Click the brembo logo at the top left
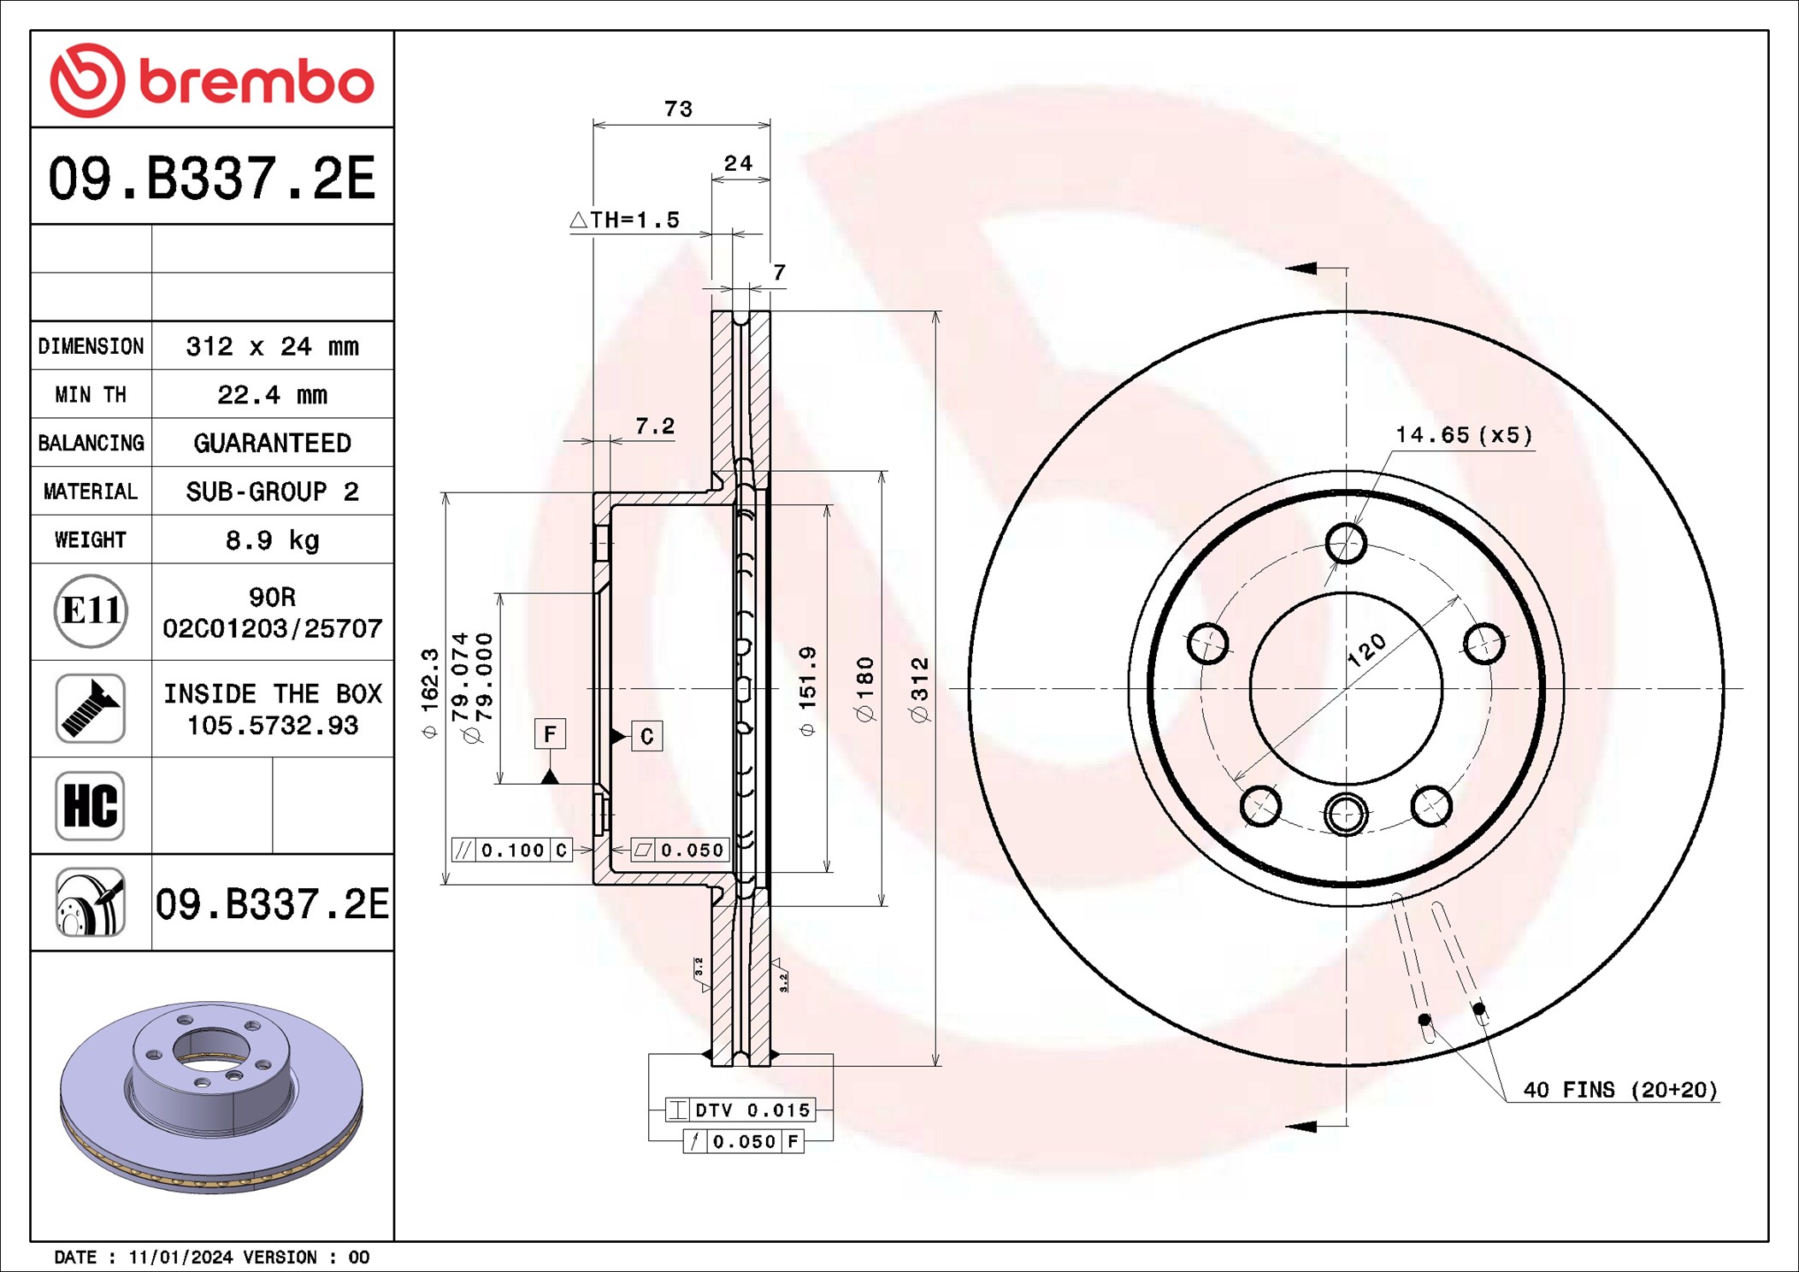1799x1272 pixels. pyautogui.click(x=212, y=80)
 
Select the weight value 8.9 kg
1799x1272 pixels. pyautogui.click(x=273, y=540)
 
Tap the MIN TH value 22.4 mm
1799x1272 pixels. pyautogui.click(x=273, y=395)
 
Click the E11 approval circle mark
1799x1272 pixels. pyautogui.click(x=91, y=611)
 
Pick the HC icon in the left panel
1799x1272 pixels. pyautogui.click(x=91, y=805)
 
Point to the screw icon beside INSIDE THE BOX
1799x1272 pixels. pyautogui.click(x=91, y=708)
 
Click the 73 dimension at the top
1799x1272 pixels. pyautogui.click(x=679, y=109)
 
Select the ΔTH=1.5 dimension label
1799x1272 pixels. pyautogui.click(x=625, y=220)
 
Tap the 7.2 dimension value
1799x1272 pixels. pyautogui.click(x=655, y=426)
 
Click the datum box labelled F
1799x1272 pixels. pyautogui.click(x=550, y=733)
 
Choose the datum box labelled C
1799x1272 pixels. pyautogui.click(x=646, y=736)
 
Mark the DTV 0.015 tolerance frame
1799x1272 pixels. pyautogui.click(x=740, y=1110)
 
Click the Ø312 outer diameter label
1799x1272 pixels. pyautogui.click(x=920, y=689)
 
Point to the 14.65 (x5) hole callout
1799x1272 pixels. pyautogui.click(x=1465, y=435)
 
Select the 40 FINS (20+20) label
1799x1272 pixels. pyautogui.click(x=1620, y=1090)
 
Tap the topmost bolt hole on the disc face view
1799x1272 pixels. pyautogui.click(x=1346, y=543)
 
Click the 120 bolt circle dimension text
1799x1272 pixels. pyautogui.click(x=1366, y=650)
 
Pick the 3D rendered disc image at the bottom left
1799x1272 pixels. pyautogui.click(x=211, y=1097)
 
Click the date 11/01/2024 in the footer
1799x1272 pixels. pyautogui.click(x=180, y=1257)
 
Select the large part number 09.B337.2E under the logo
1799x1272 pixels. pyautogui.click(x=212, y=178)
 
